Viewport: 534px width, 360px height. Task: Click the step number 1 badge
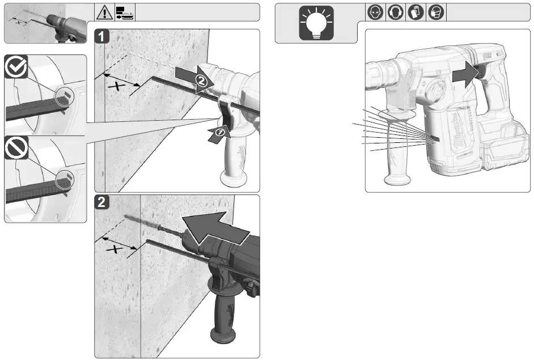tap(102, 37)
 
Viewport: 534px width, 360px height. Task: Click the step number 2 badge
tap(102, 202)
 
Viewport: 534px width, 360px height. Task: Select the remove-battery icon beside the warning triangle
tap(124, 12)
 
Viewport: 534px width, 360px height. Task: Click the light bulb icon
tap(316, 23)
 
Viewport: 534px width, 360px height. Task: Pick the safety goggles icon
tap(375, 12)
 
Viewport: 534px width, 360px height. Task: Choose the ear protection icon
tap(395, 12)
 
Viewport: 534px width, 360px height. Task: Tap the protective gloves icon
tap(416, 12)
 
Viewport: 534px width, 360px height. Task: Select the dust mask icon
tap(435, 12)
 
